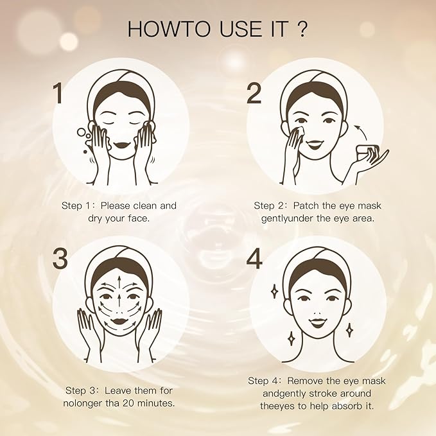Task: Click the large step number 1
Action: [58, 93]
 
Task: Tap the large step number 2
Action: [254, 93]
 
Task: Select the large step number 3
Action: [60, 258]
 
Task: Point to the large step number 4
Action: [255, 258]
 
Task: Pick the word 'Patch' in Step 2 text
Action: [311, 205]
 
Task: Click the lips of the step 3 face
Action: [120, 318]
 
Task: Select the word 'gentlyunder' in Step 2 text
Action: [288, 218]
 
